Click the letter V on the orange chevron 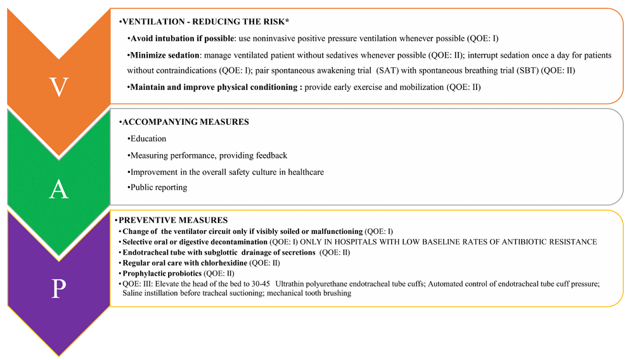click(58, 87)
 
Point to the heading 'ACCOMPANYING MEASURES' click(181, 122)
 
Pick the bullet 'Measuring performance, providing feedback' click(209, 155)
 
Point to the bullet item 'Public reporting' click(160, 187)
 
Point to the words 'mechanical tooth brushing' click(308, 293)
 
